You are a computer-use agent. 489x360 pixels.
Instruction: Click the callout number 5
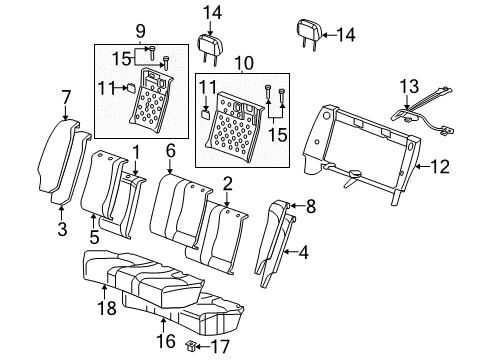[93, 238]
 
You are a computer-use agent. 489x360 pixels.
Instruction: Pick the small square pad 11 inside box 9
[130, 87]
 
